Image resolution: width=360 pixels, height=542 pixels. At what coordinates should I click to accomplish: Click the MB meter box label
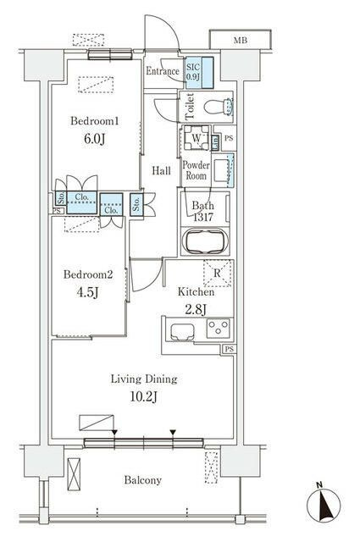click(241, 41)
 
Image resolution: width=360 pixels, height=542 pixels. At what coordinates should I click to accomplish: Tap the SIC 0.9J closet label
click(193, 72)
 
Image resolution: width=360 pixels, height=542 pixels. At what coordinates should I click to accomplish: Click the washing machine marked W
click(196, 137)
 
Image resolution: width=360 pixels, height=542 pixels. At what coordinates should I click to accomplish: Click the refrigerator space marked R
click(217, 273)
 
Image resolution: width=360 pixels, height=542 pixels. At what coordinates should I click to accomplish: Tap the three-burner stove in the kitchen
click(219, 328)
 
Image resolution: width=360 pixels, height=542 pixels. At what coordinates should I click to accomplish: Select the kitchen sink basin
click(182, 331)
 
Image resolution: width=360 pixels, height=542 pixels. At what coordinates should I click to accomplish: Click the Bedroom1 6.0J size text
click(94, 139)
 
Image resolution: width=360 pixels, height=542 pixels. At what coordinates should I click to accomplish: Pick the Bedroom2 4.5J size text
click(88, 292)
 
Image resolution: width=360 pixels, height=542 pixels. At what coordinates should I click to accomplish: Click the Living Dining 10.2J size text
click(143, 397)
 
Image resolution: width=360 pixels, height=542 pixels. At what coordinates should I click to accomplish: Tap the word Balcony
click(143, 480)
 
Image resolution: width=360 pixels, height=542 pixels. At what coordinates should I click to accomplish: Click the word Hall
click(162, 170)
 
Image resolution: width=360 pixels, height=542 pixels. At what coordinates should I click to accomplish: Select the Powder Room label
click(196, 170)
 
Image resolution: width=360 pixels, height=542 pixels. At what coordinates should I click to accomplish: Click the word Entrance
click(163, 71)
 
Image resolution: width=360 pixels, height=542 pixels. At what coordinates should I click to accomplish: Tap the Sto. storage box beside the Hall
click(136, 204)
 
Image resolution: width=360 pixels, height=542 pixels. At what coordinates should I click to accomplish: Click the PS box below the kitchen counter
click(229, 349)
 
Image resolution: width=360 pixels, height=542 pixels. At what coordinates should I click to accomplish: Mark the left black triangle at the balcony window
click(114, 432)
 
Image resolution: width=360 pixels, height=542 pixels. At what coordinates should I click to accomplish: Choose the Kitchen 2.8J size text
click(196, 309)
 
